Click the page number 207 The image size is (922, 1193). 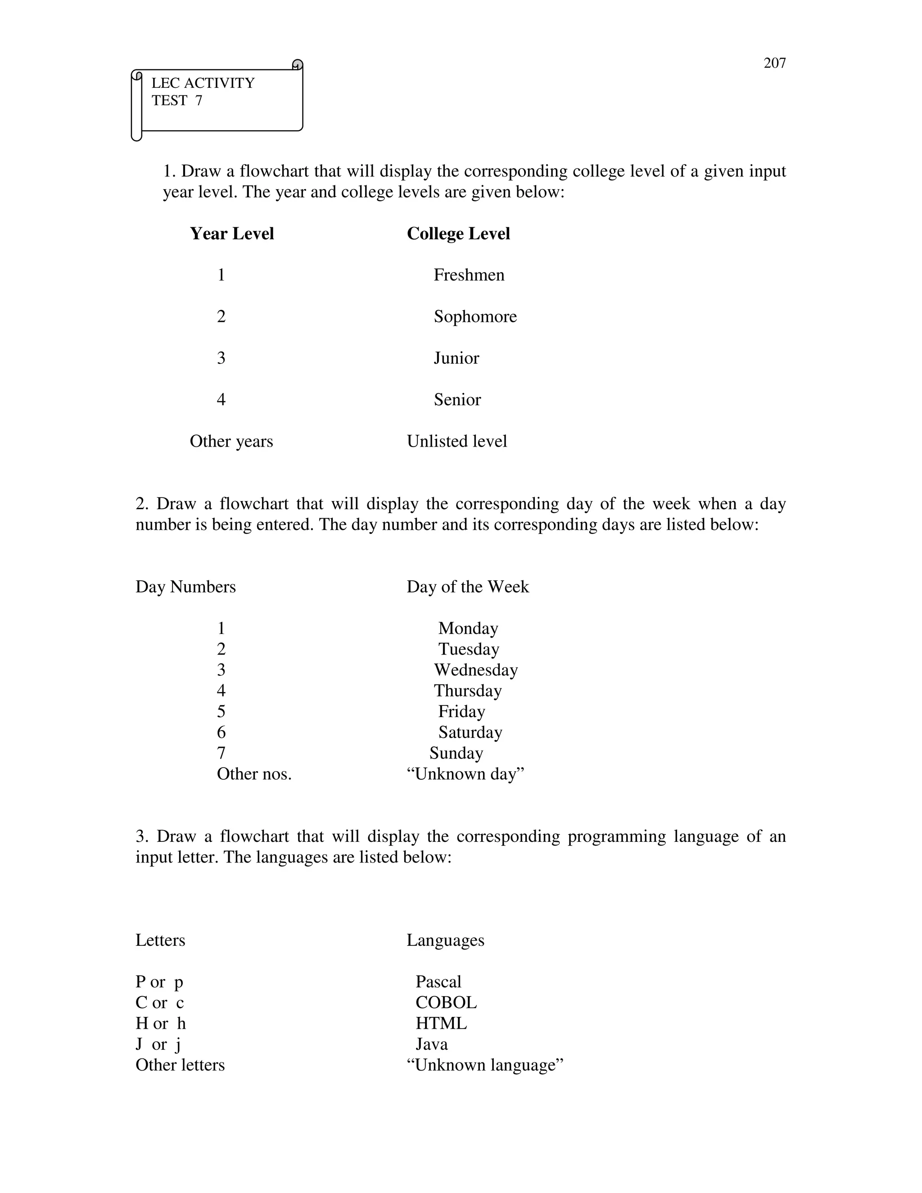(x=774, y=63)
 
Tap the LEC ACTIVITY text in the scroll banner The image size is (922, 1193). (x=203, y=83)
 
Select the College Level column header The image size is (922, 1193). (x=458, y=234)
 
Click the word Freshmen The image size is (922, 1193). (x=469, y=275)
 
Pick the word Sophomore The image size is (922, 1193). (x=475, y=316)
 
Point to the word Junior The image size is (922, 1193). (x=456, y=358)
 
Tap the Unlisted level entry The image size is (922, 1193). (x=456, y=441)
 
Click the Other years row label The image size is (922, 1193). (x=231, y=441)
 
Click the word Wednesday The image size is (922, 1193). (x=475, y=670)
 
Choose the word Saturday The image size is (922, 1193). (x=470, y=732)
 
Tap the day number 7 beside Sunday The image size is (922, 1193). (x=221, y=753)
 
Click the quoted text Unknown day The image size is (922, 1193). (x=466, y=774)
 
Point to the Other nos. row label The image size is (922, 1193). (x=254, y=774)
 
